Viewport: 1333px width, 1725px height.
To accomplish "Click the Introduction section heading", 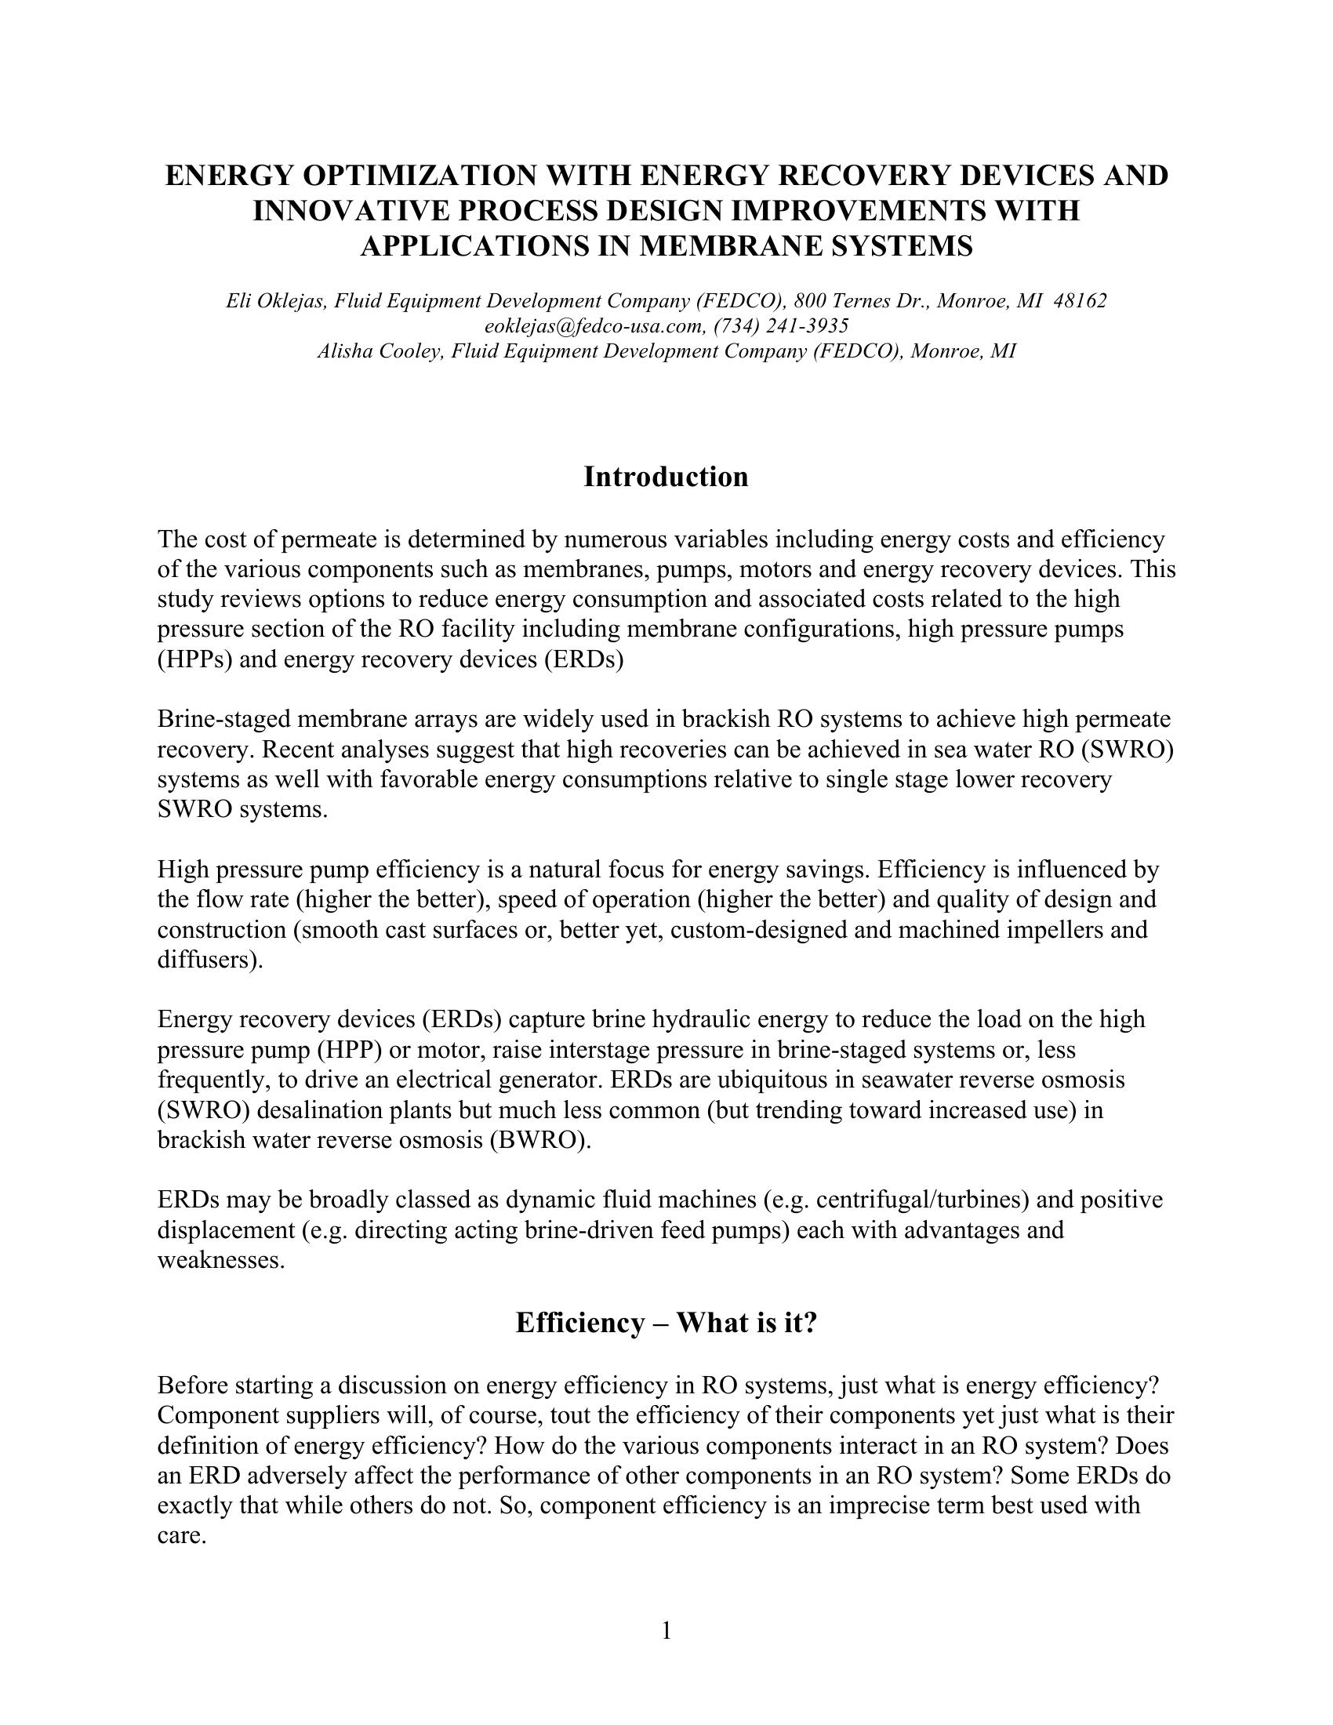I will (x=666, y=478).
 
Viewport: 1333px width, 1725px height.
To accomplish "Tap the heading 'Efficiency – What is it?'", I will (x=666, y=1322).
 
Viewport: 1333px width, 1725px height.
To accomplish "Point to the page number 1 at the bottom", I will (x=666, y=1630).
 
